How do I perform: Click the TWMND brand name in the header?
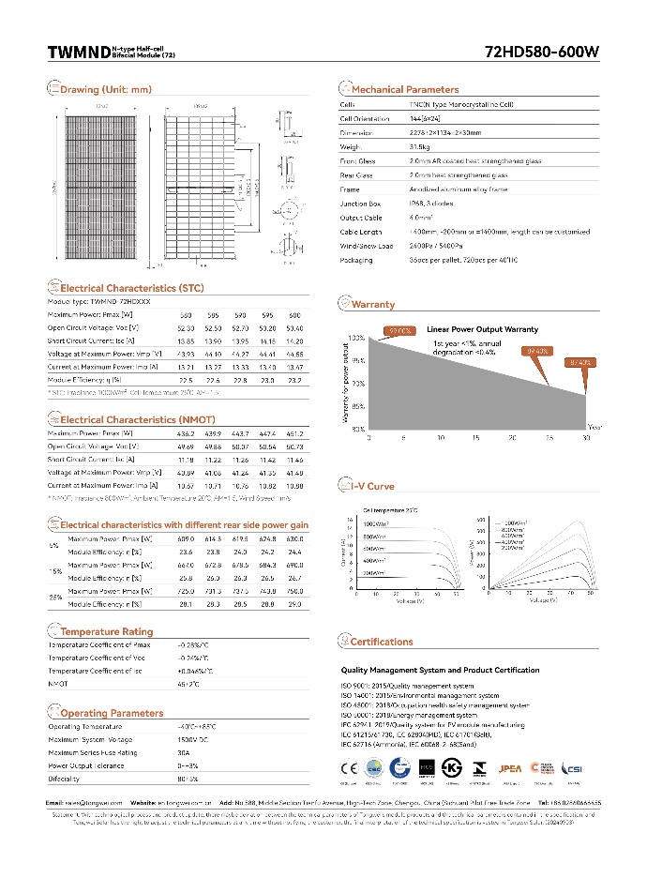[78, 53]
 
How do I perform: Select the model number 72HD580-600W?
[542, 53]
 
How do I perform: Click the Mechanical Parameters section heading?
[405, 90]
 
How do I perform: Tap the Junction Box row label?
[360, 203]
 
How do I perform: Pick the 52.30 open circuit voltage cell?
[187, 328]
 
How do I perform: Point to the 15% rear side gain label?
[54, 571]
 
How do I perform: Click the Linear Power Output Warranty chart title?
[482, 330]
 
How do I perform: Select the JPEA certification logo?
[511, 768]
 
